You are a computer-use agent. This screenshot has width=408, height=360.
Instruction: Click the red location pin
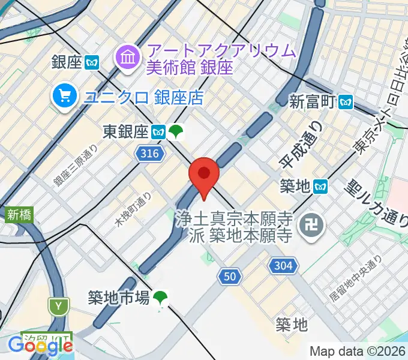[204, 175]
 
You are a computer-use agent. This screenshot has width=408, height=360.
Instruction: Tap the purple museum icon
[128, 58]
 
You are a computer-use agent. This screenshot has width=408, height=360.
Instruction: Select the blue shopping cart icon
[64, 95]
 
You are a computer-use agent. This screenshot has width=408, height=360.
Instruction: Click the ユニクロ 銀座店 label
[143, 96]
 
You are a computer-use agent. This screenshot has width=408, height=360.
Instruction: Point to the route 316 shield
[148, 154]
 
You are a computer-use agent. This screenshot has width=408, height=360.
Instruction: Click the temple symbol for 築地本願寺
[313, 226]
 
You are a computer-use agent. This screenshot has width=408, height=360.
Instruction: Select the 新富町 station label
[311, 101]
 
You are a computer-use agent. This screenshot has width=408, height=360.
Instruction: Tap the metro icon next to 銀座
[92, 62]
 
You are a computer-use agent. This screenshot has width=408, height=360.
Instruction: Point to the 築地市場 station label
[118, 297]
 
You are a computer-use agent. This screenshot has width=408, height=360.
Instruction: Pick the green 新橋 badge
[19, 214]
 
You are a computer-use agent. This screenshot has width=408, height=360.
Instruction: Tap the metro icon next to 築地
[321, 187]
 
